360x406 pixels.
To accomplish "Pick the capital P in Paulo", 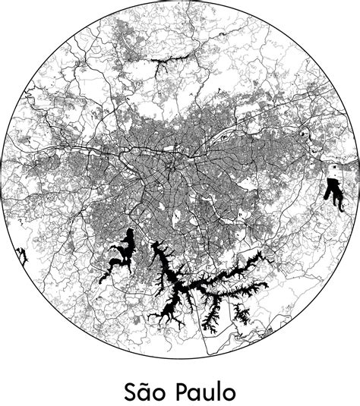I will pos(181,391).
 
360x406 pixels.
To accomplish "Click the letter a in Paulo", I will pos(194,393).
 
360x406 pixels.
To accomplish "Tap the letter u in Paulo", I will pos(208,393).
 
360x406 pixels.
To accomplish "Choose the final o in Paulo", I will pos(228,393).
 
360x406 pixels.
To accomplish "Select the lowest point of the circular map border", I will pos(180,358).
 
